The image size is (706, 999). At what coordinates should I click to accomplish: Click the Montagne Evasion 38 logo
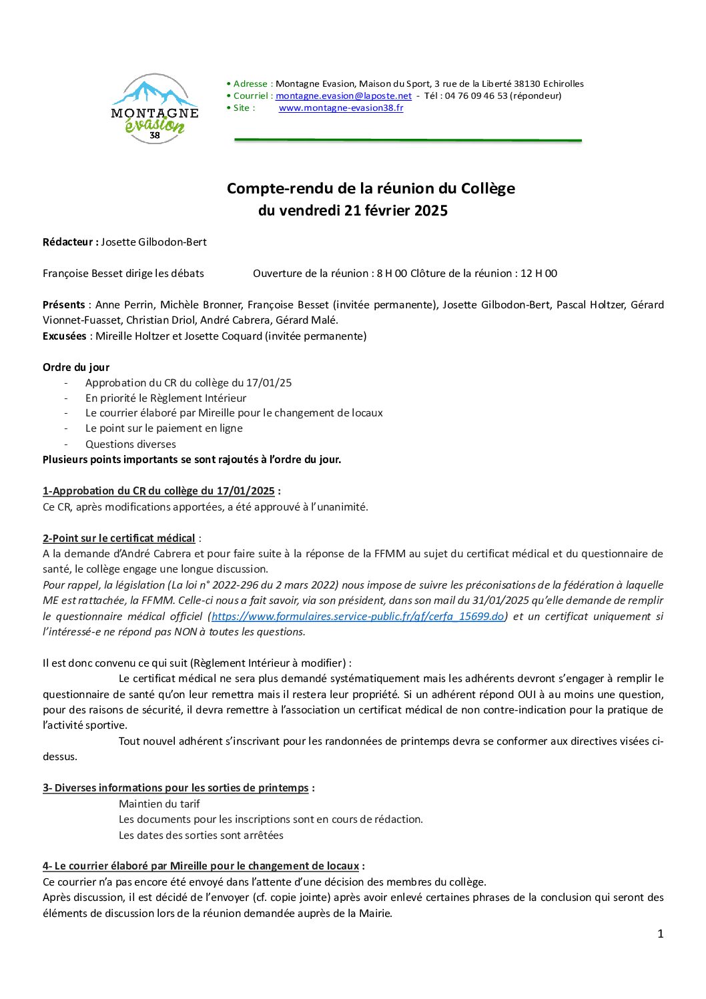click(155, 109)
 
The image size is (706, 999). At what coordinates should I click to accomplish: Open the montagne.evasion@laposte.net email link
click(344, 95)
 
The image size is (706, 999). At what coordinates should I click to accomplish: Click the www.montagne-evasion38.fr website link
click(340, 107)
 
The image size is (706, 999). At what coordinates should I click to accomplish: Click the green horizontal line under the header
click(407, 140)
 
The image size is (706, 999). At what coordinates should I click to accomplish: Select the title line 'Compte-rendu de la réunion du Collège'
click(370, 188)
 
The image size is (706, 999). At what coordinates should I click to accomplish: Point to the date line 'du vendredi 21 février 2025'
click(352, 211)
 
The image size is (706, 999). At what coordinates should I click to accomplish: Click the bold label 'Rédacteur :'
click(71, 242)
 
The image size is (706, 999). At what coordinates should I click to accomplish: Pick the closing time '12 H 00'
click(539, 273)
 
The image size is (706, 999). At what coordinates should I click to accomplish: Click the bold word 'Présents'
click(64, 304)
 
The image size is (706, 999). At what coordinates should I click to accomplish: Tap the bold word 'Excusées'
click(64, 336)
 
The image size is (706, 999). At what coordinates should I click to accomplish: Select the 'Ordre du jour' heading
click(76, 367)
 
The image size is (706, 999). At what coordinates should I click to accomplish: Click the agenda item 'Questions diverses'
click(131, 444)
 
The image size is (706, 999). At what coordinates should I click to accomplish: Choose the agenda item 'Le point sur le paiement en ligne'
click(163, 428)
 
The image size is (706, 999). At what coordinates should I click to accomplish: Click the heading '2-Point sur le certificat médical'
click(119, 538)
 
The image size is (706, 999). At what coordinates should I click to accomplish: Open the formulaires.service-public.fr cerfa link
click(358, 616)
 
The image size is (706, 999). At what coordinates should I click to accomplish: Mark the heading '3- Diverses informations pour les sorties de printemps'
click(176, 787)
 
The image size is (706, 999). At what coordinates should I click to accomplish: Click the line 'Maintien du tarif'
click(159, 803)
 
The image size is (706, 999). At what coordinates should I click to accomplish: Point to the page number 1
click(660, 934)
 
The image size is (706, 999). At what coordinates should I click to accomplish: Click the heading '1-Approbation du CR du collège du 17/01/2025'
click(159, 491)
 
